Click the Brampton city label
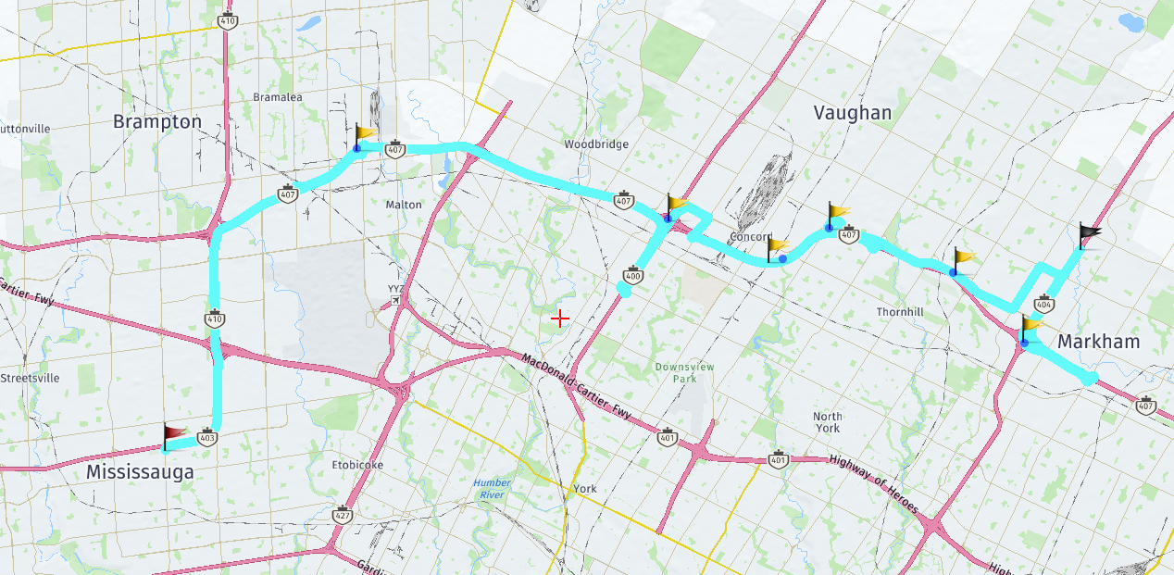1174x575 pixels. pos(156,121)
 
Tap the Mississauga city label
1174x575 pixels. pos(140,472)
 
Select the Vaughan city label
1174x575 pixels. pos(852,113)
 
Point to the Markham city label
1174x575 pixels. pos(1098,342)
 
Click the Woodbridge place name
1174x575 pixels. pos(596,144)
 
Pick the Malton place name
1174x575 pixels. pos(403,205)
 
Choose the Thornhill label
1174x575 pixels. pos(900,313)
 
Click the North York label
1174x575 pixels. pos(827,422)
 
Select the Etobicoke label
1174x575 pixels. pos(357,465)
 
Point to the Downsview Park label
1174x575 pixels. pos(684,373)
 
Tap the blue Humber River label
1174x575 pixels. pos(492,489)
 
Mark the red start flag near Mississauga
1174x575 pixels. pos(174,435)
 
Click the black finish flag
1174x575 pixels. pos(1090,235)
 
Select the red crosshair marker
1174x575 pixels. pos(559,319)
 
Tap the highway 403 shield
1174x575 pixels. pos(207,438)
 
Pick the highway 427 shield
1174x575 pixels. pos(343,514)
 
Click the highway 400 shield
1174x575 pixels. pos(633,275)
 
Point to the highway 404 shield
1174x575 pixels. pos(1044,304)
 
